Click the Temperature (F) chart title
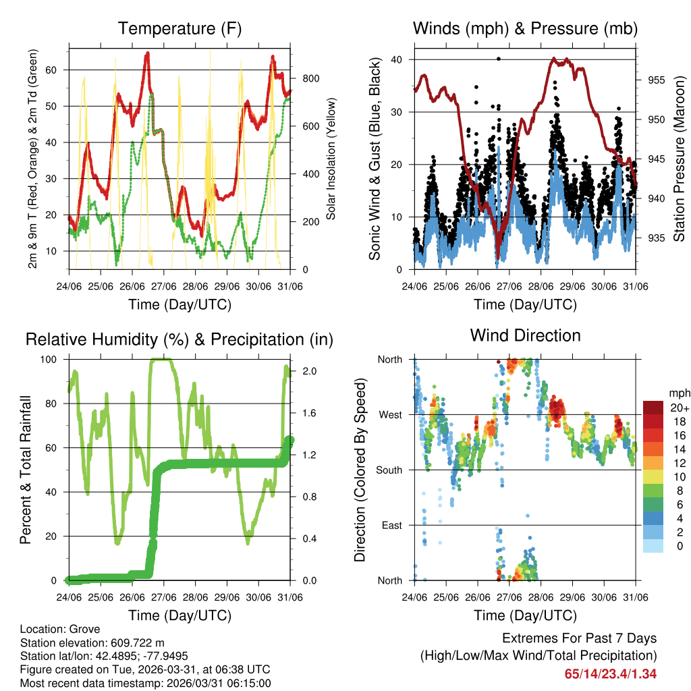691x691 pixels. tap(179, 28)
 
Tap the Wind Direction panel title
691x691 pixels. tap(525, 335)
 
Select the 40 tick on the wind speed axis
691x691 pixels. tap(397, 59)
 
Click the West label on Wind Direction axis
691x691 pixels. tap(390, 414)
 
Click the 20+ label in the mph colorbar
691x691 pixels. tap(678, 408)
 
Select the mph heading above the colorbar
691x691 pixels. tap(678, 393)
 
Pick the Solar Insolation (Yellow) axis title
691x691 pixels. tap(331, 159)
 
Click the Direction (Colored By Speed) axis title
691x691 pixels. tap(360, 470)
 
